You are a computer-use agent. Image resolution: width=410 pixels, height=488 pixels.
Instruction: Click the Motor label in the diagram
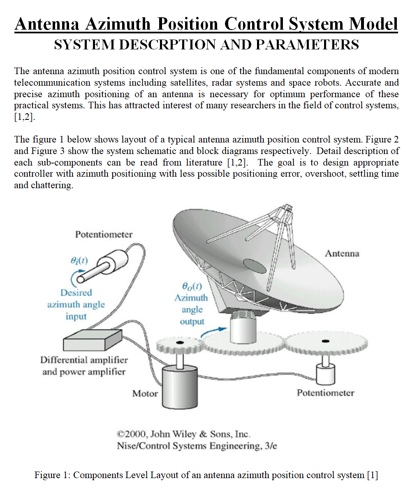(x=145, y=393)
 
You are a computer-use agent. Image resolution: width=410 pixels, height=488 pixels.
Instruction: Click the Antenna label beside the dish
(x=342, y=253)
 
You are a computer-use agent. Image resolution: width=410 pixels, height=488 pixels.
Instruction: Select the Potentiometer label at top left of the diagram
(x=104, y=234)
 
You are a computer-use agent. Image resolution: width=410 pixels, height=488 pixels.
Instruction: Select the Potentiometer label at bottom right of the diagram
(x=325, y=392)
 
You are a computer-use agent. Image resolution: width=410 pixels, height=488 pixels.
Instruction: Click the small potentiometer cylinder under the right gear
(x=326, y=373)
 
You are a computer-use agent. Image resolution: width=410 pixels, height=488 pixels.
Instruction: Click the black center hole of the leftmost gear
(x=179, y=343)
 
